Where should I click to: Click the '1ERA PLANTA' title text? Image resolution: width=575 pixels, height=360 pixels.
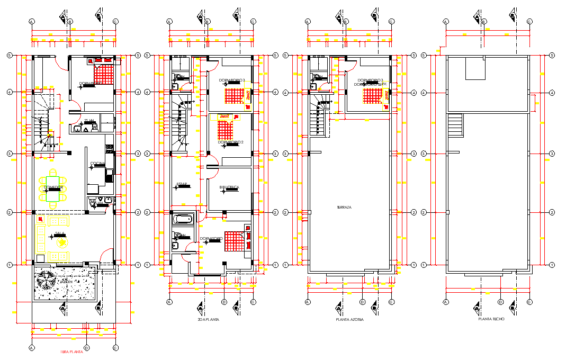click(x=72, y=353)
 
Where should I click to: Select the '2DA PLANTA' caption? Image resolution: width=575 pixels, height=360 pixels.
click(x=208, y=320)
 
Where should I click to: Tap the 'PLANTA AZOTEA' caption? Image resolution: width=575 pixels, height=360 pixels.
click(x=349, y=320)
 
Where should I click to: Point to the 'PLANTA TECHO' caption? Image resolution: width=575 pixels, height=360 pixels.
click(x=491, y=319)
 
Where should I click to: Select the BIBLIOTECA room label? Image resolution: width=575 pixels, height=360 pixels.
click(x=229, y=187)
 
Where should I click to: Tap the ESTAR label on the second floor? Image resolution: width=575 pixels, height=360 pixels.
click(x=182, y=184)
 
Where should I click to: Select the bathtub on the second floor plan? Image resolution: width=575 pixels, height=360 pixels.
click(x=184, y=219)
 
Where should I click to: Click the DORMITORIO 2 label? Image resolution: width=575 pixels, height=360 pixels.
click(x=231, y=142)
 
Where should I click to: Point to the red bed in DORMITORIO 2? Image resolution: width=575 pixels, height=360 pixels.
click(x=226, y=128)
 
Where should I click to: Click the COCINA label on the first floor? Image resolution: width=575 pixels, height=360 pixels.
click(x=97, y=163)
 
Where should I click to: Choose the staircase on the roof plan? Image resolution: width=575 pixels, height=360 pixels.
click(x=455, y=126)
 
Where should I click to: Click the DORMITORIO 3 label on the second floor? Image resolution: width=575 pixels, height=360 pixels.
click(x=231, y=80)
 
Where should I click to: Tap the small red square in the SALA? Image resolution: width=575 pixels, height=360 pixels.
click(x=40, y=218)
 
